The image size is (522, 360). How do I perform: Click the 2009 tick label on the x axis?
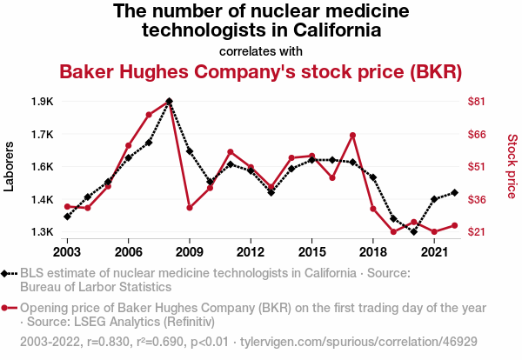pos(190,251)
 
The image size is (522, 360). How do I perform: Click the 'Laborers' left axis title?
pos(10,167)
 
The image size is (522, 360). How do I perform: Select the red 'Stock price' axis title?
pos(512,165)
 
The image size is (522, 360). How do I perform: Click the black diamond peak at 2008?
pos(169,102)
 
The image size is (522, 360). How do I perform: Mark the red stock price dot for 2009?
pos(190,207)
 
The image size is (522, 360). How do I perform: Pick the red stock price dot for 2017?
pos(352,135)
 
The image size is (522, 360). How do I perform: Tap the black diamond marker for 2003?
pos(67,217)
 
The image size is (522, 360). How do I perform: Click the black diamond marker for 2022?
pos(454,193)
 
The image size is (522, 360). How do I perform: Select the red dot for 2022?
pos(454,226)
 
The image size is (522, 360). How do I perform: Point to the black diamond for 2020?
pos(413,231)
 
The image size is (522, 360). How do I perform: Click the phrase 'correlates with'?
pos(261,50)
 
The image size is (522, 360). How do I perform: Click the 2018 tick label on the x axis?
pos(372,251)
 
